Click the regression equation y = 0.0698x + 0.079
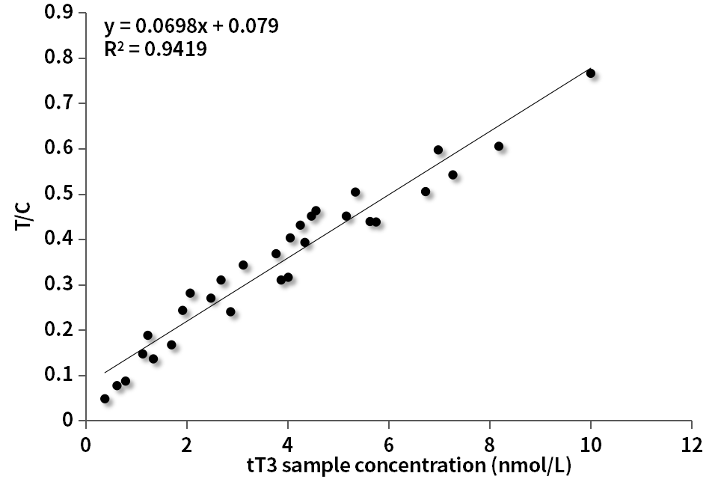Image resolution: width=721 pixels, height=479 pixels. [191, 26]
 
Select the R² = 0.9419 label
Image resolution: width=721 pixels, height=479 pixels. [155, 50]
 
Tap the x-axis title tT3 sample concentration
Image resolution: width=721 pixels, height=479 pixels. [409, 465]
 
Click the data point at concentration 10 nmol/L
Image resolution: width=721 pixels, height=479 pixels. [590, 73]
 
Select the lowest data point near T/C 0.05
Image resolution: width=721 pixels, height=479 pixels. [105, 399]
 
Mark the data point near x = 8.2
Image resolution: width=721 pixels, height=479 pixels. [499, 147]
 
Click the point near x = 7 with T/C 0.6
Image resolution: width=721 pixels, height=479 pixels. [438, 150]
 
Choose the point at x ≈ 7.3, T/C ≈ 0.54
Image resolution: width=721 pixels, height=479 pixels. [452, 175]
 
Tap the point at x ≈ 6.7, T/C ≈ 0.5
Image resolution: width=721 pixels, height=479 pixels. [426, 192]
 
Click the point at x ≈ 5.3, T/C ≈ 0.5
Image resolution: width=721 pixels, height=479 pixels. [355, 192]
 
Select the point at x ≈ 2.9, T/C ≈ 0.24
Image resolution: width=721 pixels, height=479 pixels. [230, 311]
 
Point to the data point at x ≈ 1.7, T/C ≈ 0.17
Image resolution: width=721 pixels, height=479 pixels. [171, 345]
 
